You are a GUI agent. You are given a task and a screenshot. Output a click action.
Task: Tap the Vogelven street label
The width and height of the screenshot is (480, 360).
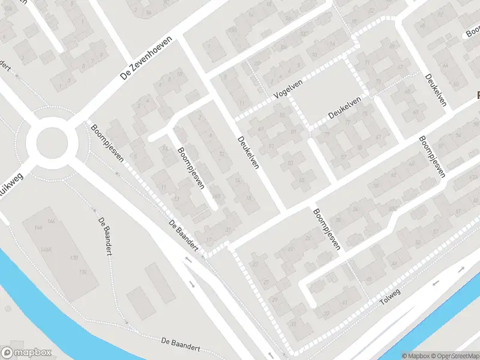tap(287, 91)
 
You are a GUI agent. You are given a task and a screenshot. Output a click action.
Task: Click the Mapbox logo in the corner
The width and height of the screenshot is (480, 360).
tap(26, 353)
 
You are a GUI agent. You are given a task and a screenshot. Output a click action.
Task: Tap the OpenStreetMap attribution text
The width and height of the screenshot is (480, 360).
tap(453, 356)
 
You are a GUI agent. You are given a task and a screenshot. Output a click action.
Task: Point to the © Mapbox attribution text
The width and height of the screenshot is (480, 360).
tap(415, 356)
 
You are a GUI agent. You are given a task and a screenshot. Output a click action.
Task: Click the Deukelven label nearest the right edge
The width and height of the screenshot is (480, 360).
tap(436, 90)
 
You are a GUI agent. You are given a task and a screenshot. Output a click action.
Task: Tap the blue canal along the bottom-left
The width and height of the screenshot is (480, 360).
tap(36, 294)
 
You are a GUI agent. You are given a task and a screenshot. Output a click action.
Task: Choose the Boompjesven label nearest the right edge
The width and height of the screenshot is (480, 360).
tap(432, 157)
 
